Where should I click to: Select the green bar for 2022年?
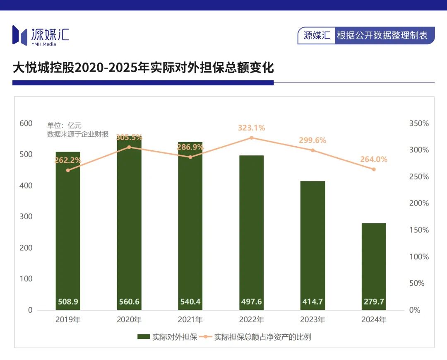point(252,232)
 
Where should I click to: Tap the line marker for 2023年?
point(312,150)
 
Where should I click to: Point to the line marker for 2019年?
point(68,170)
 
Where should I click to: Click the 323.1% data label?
point(251,128)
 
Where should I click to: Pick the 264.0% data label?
point(374,159)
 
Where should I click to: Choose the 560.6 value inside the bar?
point(129,302)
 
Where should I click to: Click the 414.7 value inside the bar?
point(312,302)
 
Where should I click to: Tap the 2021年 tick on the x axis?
point(190,320)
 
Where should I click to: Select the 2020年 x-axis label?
point(129,320)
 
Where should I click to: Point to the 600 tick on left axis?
point(26,123)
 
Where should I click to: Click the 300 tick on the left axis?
point(26,217)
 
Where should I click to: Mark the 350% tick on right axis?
point(419,123)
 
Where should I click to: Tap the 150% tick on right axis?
point(419,230)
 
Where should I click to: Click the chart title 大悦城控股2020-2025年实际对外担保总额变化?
point(143,68)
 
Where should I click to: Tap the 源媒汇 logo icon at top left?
point(19,35)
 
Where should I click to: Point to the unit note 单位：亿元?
point(65,126)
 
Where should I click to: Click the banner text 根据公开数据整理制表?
point(382,35)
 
